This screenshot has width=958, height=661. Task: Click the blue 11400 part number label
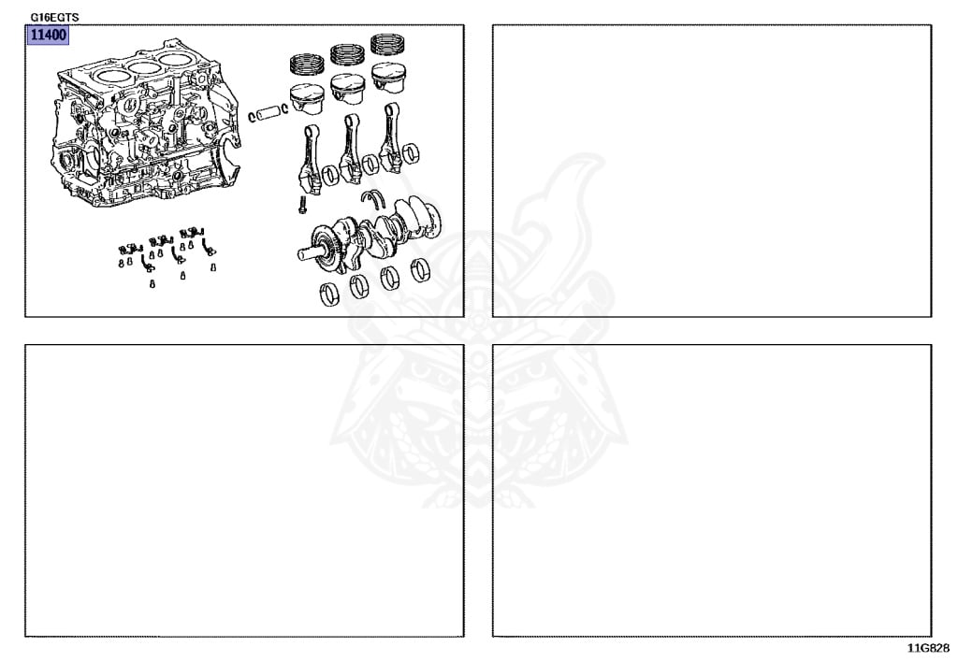click(48, 35)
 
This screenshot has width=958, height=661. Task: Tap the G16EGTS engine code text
click(54, 18)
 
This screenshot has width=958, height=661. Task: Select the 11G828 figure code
click(928, 648)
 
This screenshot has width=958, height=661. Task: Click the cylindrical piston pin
click(268, 113)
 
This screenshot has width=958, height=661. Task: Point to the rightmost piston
click(389, 77)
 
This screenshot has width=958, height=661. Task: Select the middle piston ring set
click(347, 53)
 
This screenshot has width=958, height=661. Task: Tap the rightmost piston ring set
click(388, 44)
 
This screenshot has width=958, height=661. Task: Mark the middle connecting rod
click(350, 149)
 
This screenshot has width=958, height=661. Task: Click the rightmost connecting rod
click(390, 137)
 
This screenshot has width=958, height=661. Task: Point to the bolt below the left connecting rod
click(301, 205)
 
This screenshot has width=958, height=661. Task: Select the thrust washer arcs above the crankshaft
click(372, 198)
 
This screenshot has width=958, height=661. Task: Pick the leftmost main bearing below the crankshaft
click(329, 295)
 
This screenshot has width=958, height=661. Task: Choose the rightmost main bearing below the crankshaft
click(420, 270)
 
